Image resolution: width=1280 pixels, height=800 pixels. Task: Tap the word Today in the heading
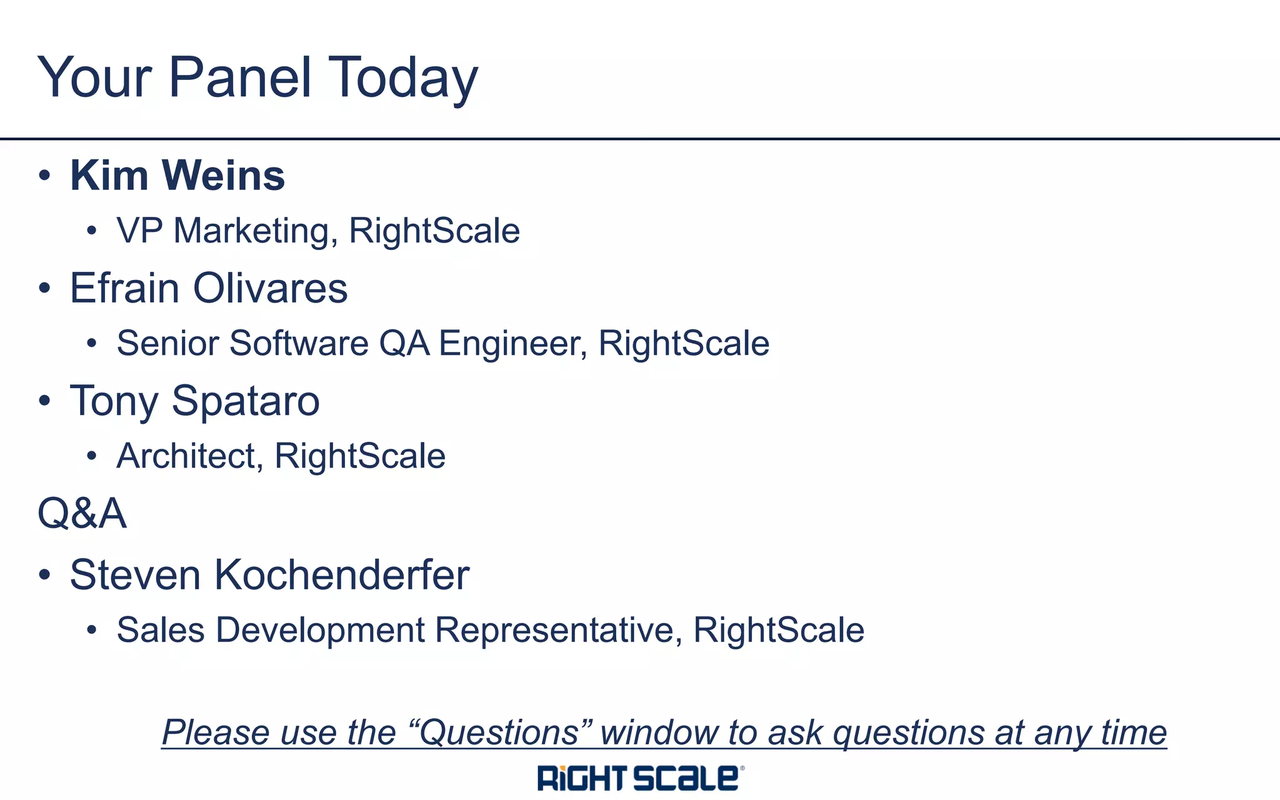pyautogui.click(x=402, y=78)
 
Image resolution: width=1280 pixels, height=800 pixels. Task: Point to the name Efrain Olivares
pyautogui.click(x=209, y=288)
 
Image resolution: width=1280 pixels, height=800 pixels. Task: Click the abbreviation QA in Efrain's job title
pyautogui.click(x=404, y=343)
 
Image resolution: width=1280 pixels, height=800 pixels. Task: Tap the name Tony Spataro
pyautogui.click(x=195, y=401)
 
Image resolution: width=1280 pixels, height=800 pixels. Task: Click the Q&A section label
pyautogui.click(x=82, y=513)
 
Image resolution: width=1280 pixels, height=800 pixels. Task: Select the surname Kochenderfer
pyautogui.click(x=342, y=574)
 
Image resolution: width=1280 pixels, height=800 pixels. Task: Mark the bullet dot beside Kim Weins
pyautogui.click(x=44, y=176)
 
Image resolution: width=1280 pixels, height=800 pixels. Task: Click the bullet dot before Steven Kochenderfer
pyautogui.click(x=44, y=575)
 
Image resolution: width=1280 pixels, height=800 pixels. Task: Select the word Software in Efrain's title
pyautogui.click(x=299, y=343)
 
